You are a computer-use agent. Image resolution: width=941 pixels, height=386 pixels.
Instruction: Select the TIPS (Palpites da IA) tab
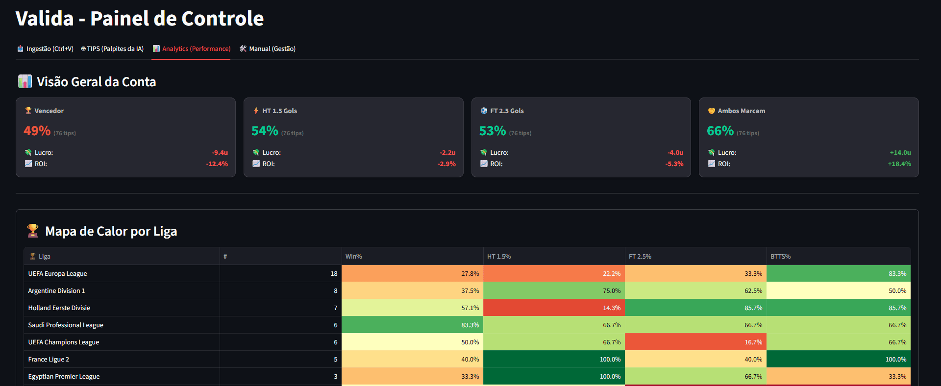pos(113,49)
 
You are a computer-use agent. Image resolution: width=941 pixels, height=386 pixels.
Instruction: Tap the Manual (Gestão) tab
pos(268,49)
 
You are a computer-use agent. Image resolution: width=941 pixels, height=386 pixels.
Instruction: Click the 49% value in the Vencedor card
pos(37,131)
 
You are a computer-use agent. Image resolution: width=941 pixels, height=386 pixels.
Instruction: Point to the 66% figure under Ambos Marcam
pos(720,131)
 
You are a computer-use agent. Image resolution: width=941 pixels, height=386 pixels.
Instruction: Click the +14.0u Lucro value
pos(900,153)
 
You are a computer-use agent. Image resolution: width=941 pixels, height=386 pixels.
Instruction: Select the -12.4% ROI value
pos(217,164)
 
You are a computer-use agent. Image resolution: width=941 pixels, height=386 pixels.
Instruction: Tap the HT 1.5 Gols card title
pos(279,111)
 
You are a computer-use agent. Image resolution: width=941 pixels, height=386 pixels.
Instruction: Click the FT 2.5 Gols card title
pos(507,111)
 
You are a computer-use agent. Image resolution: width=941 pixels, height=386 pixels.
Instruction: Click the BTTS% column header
pos(780,257)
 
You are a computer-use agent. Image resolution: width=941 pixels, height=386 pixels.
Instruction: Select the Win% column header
pos(353,257)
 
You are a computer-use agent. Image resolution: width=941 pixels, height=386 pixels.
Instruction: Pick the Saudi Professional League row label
pos(66,325)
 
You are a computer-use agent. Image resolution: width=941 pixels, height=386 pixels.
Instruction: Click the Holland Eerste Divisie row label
pos(59,308)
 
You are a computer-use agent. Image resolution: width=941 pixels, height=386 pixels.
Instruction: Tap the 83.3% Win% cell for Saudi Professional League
pos(470,325)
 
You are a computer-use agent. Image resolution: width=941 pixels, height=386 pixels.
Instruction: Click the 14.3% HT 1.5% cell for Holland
pos(611,308)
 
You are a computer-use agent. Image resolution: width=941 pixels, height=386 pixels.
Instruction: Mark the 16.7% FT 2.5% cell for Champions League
pos(753,342)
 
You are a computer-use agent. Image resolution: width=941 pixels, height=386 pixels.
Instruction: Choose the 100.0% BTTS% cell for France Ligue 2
pos(895,360)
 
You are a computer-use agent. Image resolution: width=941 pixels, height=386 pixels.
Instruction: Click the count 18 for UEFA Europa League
pos(334,274)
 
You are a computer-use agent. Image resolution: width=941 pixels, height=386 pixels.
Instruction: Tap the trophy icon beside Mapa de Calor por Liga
pos(33,231)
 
